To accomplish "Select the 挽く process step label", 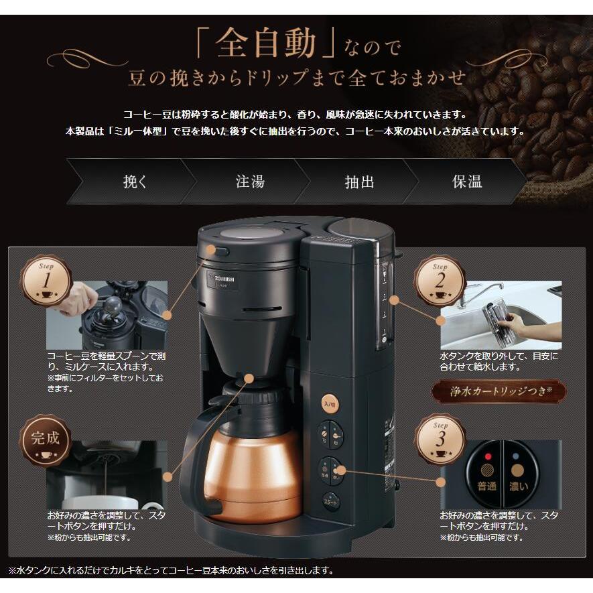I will tap(136, 182).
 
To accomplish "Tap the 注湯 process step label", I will tap(249, 182).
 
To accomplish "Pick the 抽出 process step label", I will tap(359, 182).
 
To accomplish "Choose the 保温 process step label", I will tap(467, 182).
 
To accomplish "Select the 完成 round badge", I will tap(46, 440).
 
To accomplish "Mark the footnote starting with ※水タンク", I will tap(171, 570).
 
